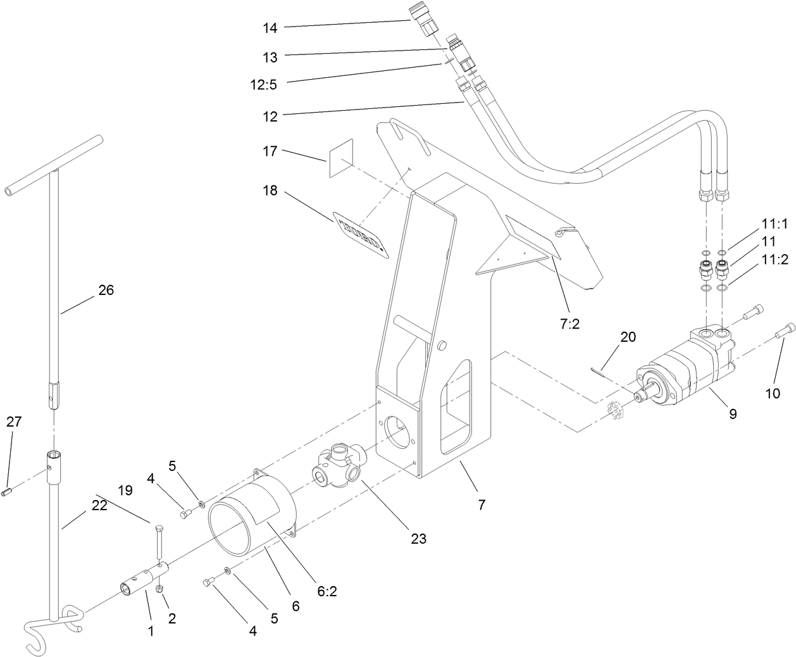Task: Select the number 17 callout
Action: coord(270,152)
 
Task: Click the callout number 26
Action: coord(106,291)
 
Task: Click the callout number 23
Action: coord(418,539)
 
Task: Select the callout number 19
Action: coord(125,490)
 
